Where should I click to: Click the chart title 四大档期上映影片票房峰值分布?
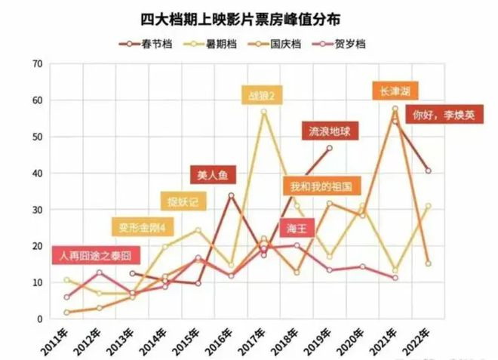249,16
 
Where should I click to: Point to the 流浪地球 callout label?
329,131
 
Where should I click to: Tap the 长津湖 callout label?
396,91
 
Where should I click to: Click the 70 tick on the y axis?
36,63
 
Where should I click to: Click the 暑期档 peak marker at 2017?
264,112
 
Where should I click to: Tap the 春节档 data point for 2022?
428,171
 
